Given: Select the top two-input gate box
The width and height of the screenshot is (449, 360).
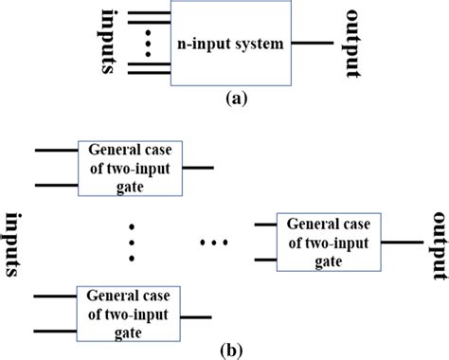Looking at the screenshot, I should (x=135, y=168).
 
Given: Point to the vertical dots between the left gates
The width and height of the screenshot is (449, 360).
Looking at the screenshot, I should (x=132, y=241).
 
